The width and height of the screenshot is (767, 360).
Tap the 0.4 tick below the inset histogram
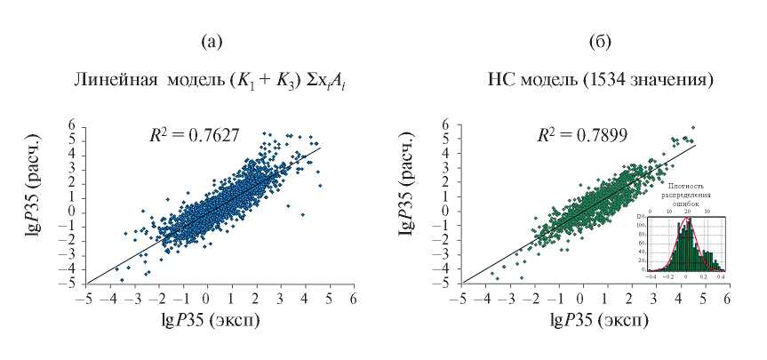[720, 277]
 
